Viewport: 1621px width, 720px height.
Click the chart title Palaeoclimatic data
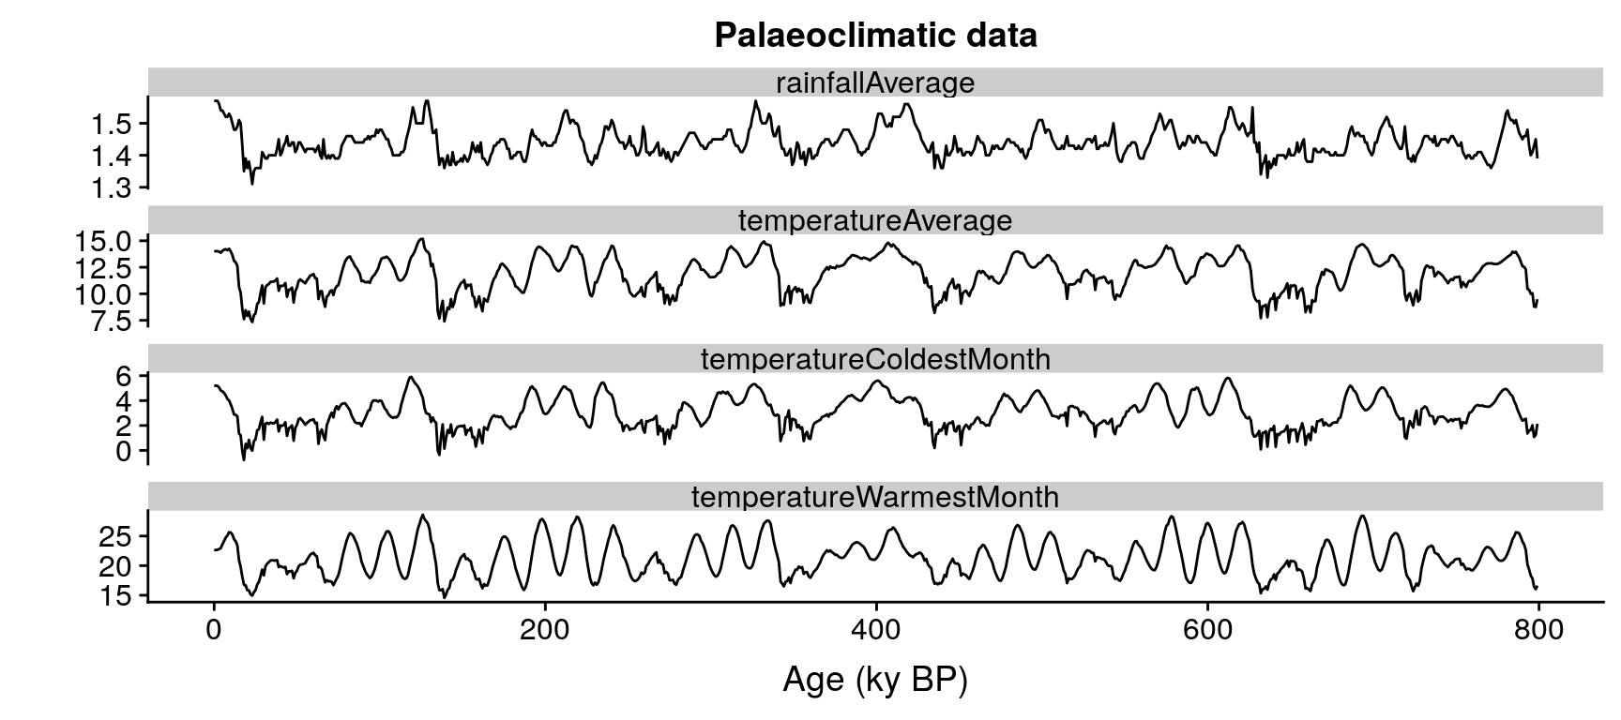click(x=875, y=35)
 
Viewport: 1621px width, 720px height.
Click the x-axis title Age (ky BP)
click(x=874, y=680)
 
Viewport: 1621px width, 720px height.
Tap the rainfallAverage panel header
click(x=874, y=82)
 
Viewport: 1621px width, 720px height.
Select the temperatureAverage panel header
click(x=874, y=220)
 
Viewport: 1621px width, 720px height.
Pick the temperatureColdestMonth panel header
click(x=874, y=359)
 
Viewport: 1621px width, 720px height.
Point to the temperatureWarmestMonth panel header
click(x=874, y=497)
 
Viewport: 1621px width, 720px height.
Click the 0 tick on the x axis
click(x=214, y=631)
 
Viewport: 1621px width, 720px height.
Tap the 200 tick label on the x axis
click(x=545, y=631)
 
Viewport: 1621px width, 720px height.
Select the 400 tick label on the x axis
click(x=876, y=631)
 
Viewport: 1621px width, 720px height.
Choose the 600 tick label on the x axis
click(x=1207, y=631)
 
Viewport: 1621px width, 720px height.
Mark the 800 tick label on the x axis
click(x=1538, y=631)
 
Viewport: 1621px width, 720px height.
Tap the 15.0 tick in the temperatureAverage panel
click(x=104, y=242)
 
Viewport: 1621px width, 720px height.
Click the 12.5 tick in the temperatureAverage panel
click(x=104, y=268)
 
